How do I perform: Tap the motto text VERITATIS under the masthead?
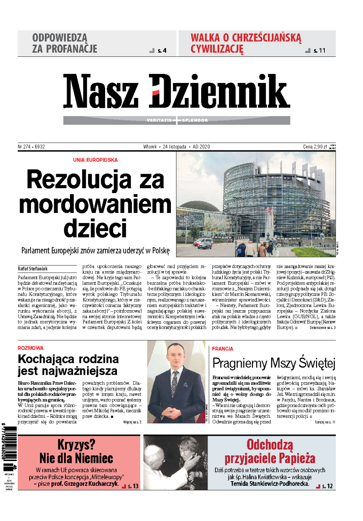[x=159, y=120]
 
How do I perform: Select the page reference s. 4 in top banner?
[x=162, y=51]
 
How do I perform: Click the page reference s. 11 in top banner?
[x=319, y=51]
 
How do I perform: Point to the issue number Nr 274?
[x=24, y=147]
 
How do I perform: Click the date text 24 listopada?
[x=174, y=147]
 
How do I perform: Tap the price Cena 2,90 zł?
[x=315, y=147]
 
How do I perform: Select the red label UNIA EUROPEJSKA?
[x=95, y=160]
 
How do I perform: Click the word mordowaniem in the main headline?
[x=95, y=204]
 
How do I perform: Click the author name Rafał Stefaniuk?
[x=33, y=268]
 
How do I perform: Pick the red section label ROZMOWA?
[x=31, y=348]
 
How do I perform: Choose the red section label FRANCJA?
[x=222, y=349]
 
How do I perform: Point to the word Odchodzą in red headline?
[x=270, y=444]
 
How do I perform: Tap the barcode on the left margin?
[x=10, y=443]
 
